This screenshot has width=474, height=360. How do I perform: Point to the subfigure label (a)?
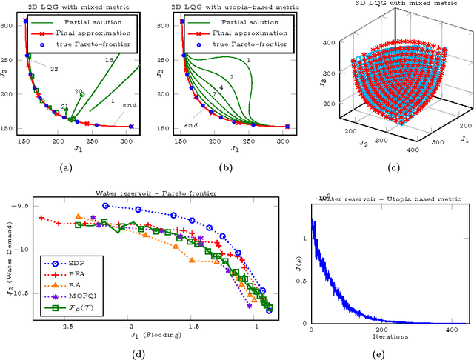click(x=66, y=168)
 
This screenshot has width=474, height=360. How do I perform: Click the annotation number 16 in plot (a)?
click(x=110, y=59)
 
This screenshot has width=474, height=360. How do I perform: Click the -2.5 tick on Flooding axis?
click(x=66, y=327)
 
